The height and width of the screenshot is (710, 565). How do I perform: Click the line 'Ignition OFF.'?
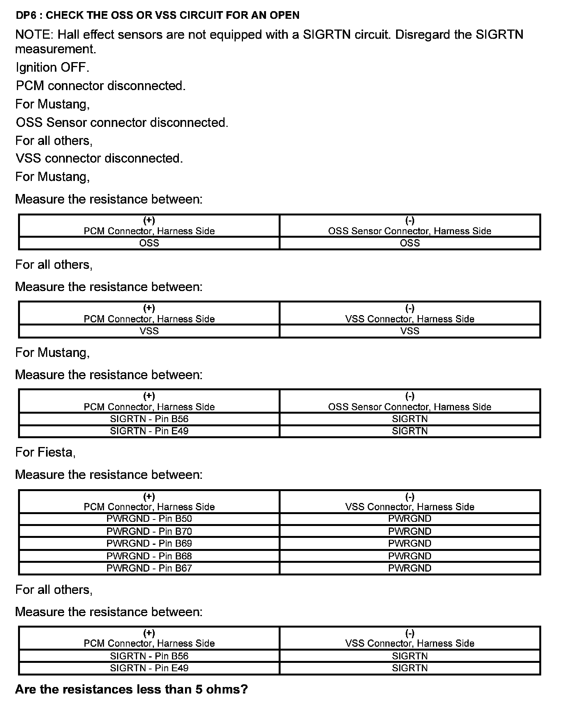pyautogui.click(x=52, y=67)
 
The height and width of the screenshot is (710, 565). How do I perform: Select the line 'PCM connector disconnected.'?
pyautogui.click(x=101, y=85)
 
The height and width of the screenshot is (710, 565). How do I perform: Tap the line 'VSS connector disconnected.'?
pyautogui.click(x=99, y=158)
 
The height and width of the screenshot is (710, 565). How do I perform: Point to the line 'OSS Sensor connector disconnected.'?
pyautogui.click(x=122, y=122)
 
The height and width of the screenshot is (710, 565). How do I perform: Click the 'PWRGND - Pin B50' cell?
pyautogui.click(x=149, y=519)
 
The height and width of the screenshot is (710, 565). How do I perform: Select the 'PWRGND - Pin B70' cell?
pyautogui.click(x=149, y=531)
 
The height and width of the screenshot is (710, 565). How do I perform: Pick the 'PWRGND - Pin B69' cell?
pyautogui.click(x=149, y=543)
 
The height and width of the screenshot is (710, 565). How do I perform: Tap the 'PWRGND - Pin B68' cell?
pyautogui.click(x=149, y=556)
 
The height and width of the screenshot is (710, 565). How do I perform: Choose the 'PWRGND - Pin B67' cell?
pyautogui.click(x=149, y=568)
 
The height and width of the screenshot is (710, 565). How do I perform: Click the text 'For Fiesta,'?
pyautogui.click(x=45, y=452)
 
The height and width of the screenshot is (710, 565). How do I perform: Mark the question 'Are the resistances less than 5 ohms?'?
pyautogui.click(x=131, y=689)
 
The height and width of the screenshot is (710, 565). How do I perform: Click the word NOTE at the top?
pyautogui.click(x=34, y=35)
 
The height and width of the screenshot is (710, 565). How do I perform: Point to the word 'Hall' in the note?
pyautogui.click(x=69, y=35)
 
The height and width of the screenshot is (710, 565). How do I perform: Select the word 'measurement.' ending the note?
pyautogui.click(x=56, y=49)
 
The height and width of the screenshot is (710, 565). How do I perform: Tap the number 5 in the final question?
pyautogui.click(x=199, y=689)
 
